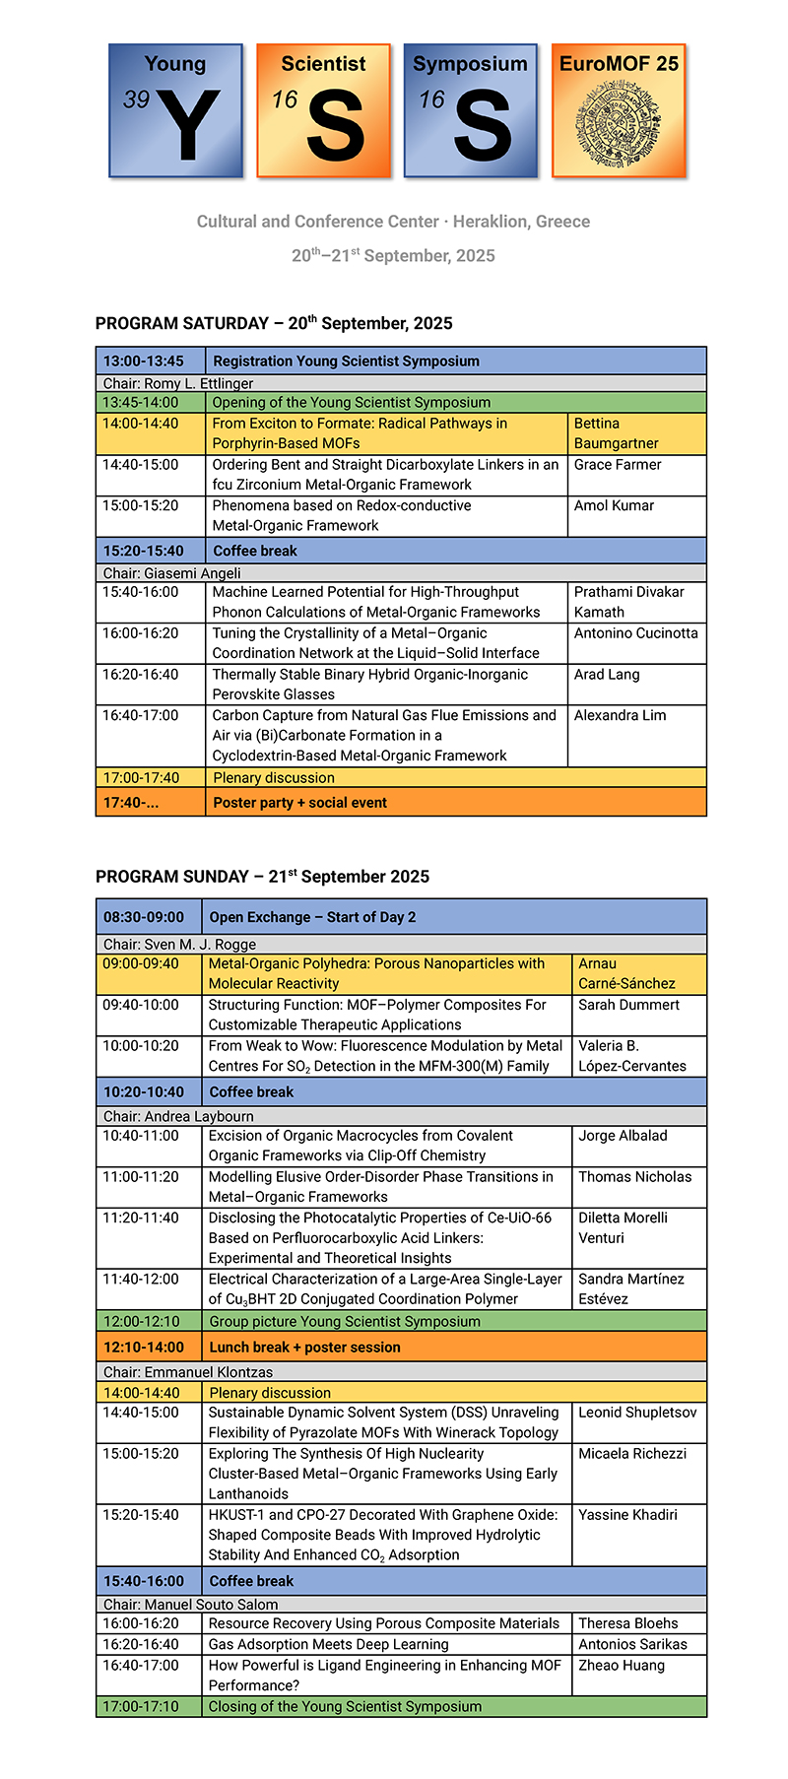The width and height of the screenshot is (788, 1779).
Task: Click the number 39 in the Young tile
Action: click(136, 99)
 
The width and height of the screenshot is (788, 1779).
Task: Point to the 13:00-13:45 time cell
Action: click(144, 361)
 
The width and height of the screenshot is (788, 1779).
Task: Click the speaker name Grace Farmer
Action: click(618, 465)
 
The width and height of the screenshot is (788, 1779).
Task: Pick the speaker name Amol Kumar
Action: click(614, 505)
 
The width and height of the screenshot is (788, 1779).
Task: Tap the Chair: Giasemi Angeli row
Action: click(172, 572)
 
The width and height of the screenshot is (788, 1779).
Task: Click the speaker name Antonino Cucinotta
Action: click(635, 633)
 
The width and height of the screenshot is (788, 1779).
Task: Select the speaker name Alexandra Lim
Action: click(620, 716)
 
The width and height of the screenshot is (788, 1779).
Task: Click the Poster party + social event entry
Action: click(299, 803)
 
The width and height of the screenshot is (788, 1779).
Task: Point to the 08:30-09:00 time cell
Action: click(144, 917)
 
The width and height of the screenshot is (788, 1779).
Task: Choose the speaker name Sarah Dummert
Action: click(628, 1005)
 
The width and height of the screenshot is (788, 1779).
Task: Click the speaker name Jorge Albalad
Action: click(623, 1136)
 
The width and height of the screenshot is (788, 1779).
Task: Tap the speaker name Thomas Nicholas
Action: click(634, 1177)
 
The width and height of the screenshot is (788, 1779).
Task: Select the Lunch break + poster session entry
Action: click(304, 1347)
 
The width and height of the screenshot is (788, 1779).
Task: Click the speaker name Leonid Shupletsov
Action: click(637, 1413)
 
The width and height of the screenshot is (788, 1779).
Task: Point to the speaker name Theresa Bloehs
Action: click(627, 1623)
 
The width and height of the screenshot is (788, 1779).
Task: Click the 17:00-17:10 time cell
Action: click(141, 1706)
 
